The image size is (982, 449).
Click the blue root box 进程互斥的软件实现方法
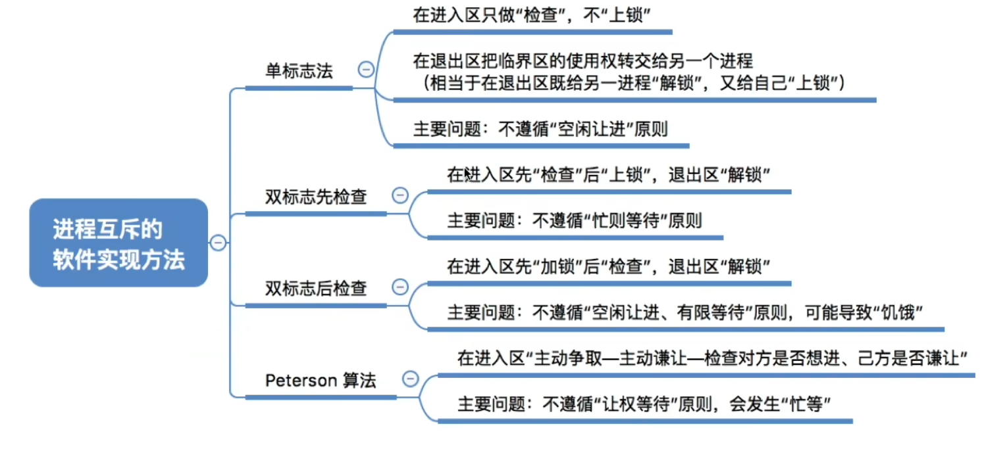click(118, 243)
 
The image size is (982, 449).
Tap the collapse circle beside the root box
click(218, 243)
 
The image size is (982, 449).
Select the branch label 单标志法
click(299, 71)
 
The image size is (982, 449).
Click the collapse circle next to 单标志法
click(365, 70)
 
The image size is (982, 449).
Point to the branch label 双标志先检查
click(316, 197)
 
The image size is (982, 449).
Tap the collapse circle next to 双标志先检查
click(400, 195)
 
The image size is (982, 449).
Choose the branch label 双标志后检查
click(316, 288)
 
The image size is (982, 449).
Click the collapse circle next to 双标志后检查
click(400, 287)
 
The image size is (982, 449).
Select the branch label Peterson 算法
click(321, 380)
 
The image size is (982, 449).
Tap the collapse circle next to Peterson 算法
click(410, 379)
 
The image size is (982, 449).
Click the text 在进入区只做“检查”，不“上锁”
click(532, 16)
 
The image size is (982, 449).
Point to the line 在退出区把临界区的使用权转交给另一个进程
click(582, 62)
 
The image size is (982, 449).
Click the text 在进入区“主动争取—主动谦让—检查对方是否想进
click(658, 359)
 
